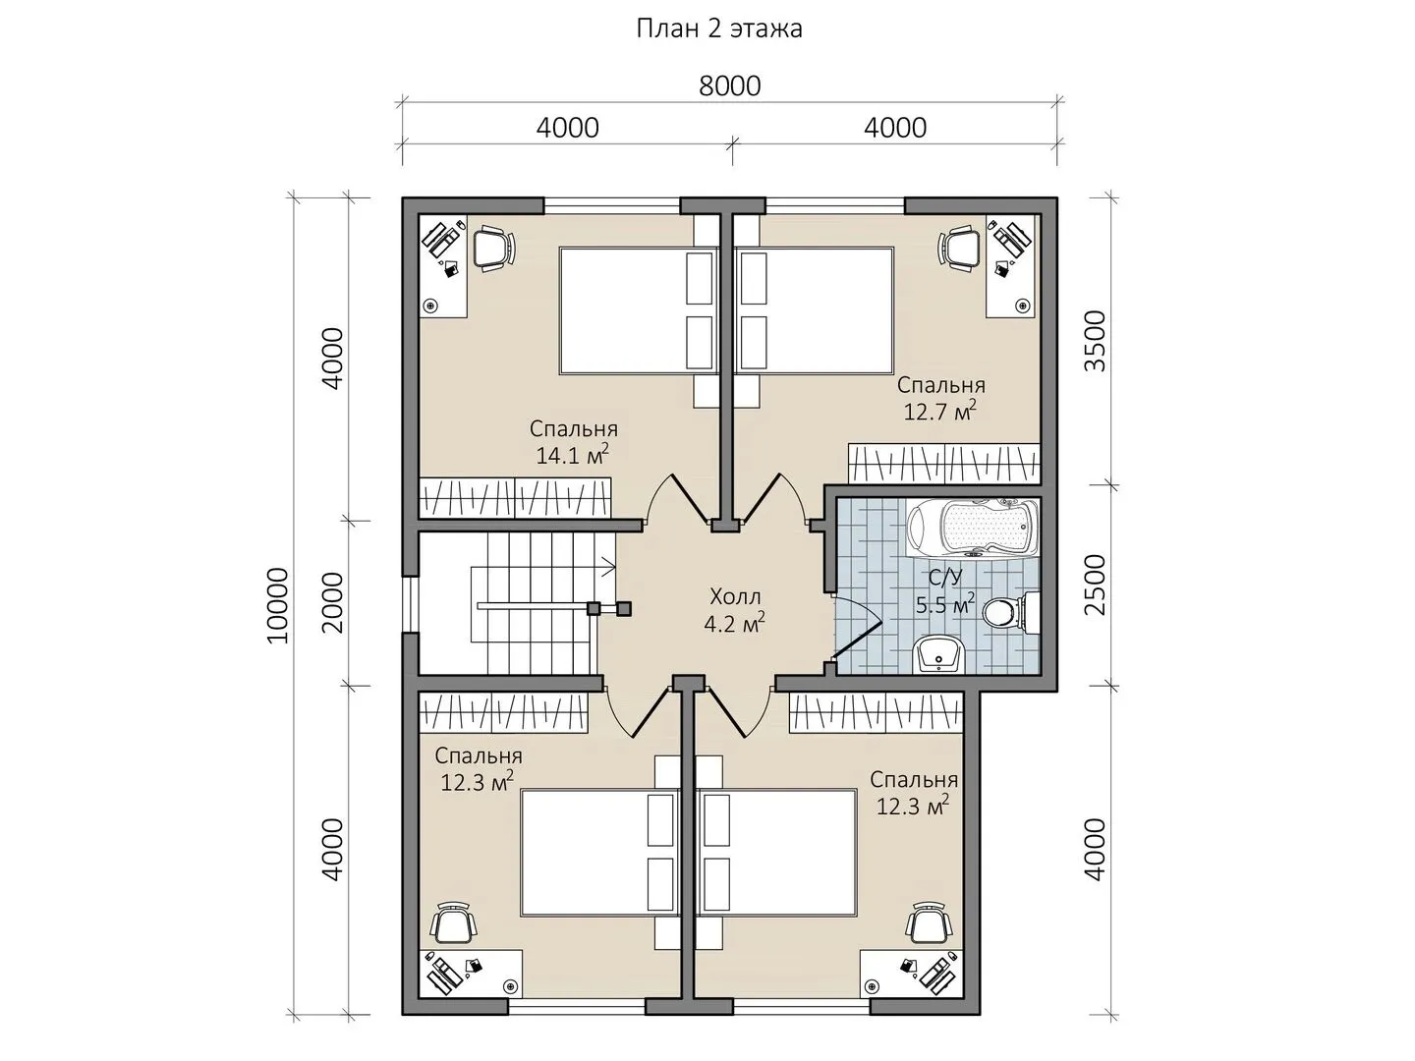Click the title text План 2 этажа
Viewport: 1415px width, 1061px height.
pos(719,29)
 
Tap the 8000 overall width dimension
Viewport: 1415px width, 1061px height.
pos(730,86)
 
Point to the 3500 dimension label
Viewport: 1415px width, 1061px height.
pos(1095,342)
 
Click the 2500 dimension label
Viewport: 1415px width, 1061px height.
pos(1095,585)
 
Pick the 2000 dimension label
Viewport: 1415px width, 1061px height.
pos(334,603)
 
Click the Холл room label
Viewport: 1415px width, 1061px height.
pos(735,596)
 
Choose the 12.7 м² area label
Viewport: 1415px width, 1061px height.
pos(940,411)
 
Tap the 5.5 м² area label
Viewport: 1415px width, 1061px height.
pos(945,604)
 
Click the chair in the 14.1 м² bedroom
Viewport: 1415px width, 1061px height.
pos(495,248)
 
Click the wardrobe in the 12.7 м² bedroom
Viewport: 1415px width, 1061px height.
pos(944,464)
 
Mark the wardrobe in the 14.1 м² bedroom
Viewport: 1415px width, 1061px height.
pos(515,497)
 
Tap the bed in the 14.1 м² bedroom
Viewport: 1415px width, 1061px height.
pos(639,310)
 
